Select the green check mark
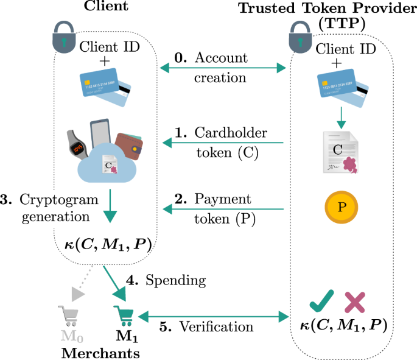point(320,300)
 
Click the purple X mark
point(356,301)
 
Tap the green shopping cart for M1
point(124,316)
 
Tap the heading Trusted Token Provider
point(323,9)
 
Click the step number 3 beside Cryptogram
point(7,199)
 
